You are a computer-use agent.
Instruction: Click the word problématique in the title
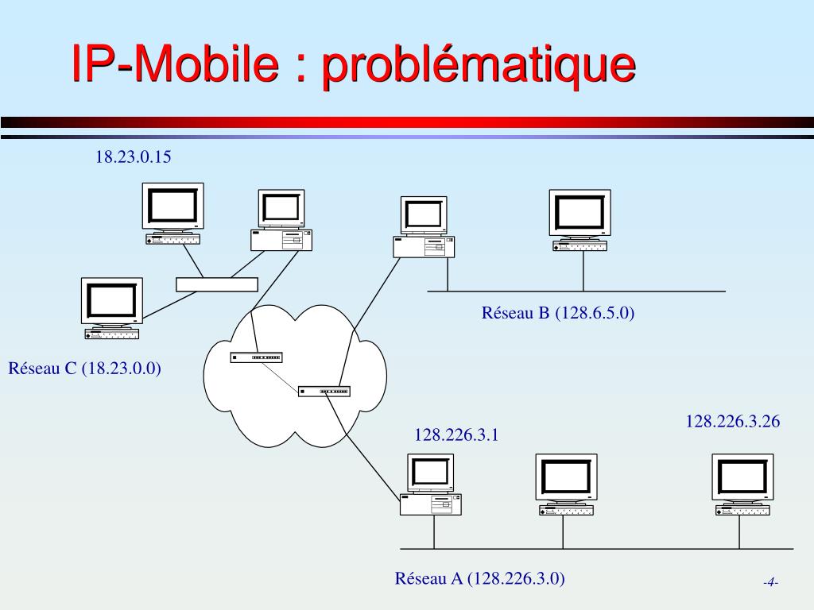click(478, 66)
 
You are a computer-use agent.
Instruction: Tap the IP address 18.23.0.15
click(134, 157)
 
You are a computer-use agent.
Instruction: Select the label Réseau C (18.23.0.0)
click(85, 369)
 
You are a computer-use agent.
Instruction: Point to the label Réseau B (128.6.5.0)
click(558, 313)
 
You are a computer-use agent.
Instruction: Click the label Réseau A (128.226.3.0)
click(480, 578)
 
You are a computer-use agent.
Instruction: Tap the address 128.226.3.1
click(456, 434)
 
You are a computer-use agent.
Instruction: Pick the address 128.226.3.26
click(733, 422)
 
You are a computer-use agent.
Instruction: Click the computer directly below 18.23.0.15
click(172, 213)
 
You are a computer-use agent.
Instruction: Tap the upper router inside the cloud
click(256, 357)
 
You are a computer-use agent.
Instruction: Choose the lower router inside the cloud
click(324, 391)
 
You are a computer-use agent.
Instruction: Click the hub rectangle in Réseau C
click(217, 284)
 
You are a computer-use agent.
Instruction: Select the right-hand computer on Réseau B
click(580, 220)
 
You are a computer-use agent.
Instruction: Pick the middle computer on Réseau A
click(565, 484)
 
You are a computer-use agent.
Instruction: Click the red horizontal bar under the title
click(407, 122)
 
